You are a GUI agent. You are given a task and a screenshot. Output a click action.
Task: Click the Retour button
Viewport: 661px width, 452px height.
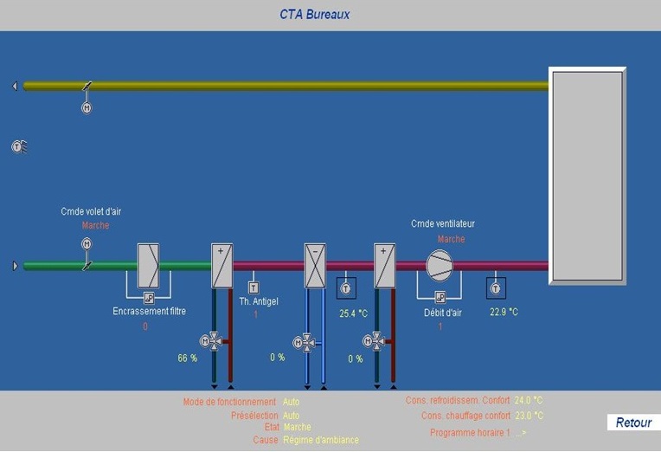point(633,423)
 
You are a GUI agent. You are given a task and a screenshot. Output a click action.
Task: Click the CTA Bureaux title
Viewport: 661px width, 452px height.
point(314,15)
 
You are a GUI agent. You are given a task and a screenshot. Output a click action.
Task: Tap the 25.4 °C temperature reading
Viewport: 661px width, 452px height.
point(353,313)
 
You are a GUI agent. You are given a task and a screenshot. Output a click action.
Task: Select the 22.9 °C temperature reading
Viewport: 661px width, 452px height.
point(504,312)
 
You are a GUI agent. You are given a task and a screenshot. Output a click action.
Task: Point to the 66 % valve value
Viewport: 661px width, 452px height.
point(188,358)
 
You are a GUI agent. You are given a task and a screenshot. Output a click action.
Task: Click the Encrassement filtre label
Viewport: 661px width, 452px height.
point(149,311)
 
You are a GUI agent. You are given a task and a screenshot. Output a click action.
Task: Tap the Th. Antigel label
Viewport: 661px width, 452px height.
point(259,301)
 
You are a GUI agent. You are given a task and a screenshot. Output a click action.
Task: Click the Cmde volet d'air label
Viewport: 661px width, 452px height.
point(91,211)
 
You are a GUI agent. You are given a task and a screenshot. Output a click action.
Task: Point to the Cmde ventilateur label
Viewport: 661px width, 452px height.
point(443,223)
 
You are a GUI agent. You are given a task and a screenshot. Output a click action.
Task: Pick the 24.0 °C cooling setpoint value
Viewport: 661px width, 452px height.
point(529,401)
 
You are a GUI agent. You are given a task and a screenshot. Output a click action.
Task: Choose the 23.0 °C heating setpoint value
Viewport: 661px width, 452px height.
point(529,416)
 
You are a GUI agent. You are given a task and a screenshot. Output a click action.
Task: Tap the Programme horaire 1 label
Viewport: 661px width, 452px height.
point(470,432)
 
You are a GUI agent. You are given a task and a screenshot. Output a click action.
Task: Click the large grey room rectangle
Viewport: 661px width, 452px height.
point(587,176)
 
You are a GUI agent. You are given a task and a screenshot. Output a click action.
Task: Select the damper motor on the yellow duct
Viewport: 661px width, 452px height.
point(87,108)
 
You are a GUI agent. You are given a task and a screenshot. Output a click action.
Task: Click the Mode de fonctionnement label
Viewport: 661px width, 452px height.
point(229,402)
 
